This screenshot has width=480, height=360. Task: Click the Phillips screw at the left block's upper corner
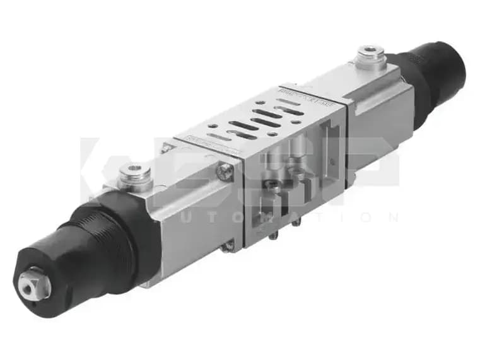pos(225,169)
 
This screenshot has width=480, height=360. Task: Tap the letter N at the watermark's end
pos(393,218)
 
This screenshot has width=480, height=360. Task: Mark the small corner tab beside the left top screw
pos(165,149)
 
